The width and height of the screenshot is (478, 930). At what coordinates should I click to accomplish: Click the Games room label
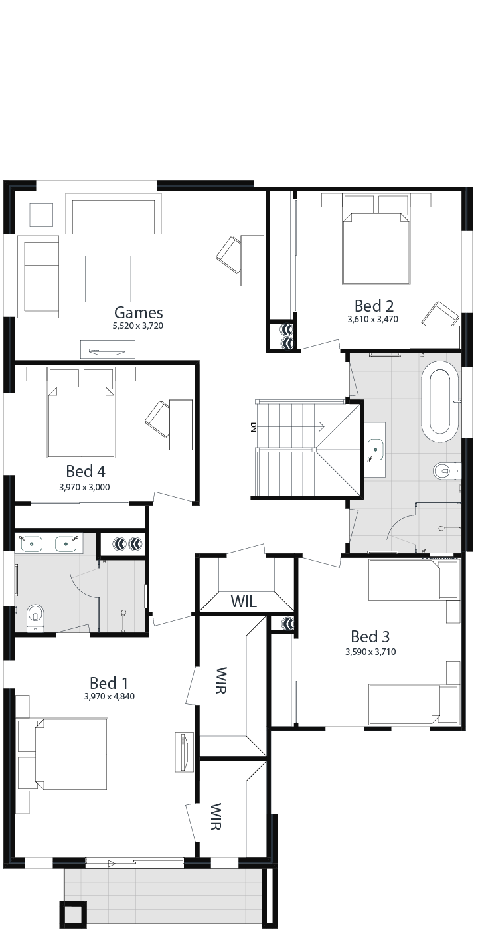click(138, 312)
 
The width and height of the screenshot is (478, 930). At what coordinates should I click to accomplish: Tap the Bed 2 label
click(373, 306)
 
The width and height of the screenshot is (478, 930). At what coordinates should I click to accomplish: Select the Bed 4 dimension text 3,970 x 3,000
click(85, 487)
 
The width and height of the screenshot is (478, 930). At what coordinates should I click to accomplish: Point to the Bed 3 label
click(370, 636)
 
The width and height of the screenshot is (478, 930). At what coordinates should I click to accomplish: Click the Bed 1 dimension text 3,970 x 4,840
click(110, 696)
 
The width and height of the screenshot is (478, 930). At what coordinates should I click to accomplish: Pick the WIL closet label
click(244, 601)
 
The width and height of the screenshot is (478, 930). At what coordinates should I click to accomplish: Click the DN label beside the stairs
click(254, 428)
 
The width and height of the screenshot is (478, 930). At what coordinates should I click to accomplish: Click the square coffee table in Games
click(108, 278)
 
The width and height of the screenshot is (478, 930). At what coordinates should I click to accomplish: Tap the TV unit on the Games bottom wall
click(108, 349)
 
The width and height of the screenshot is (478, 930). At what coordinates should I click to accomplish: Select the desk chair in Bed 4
click(157, 418)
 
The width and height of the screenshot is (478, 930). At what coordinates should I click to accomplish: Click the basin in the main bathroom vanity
click(375, 450)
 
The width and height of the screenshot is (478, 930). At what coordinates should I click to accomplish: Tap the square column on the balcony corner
click(73, 914)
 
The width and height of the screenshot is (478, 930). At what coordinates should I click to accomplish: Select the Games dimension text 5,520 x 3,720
click(138, 326)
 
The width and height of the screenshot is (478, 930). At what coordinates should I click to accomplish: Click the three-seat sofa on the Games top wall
click(114, 214)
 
